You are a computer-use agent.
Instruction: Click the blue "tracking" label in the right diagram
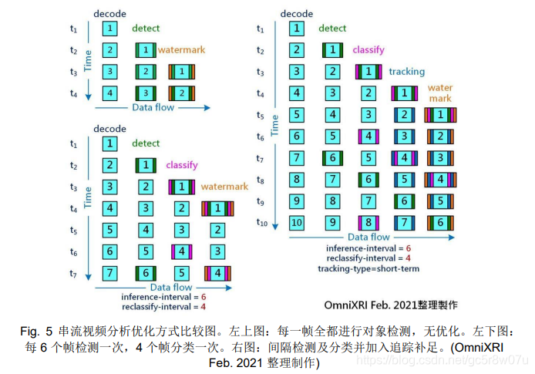tap(406, 72)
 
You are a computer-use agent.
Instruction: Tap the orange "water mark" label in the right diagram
tap(439, 93)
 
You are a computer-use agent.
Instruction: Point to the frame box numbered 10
tap(296, 222)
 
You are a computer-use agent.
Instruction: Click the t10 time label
tap(262, 222)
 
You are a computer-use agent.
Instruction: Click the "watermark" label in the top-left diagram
tap(182, 50)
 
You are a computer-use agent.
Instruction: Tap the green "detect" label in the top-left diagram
tap(146, 29)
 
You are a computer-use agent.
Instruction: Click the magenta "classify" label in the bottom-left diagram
tap(181, 165)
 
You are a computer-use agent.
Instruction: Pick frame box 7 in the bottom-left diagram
tap(111, 273)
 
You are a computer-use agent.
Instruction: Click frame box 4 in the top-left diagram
tap(111, 94)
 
